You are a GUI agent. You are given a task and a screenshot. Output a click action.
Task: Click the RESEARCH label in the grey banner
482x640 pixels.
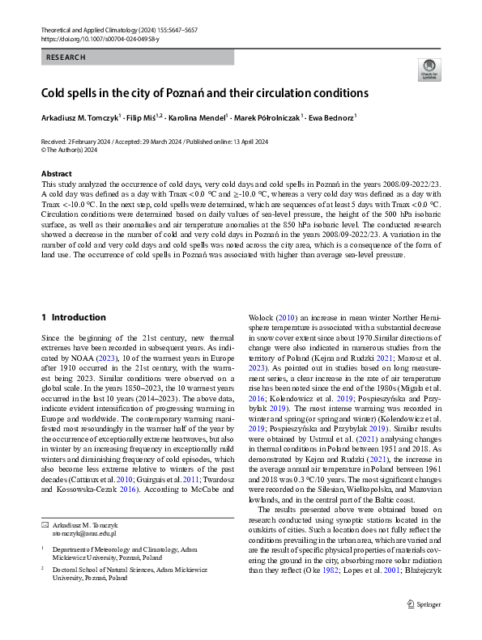(66, 57)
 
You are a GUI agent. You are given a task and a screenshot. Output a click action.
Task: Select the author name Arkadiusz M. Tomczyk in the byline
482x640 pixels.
(79, 117)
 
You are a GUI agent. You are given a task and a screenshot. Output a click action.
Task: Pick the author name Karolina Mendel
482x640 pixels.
(195, 117)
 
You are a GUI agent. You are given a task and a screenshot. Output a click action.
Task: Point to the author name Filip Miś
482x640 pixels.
(143, 117)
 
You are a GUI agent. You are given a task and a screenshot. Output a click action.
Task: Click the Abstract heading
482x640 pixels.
(58, 174)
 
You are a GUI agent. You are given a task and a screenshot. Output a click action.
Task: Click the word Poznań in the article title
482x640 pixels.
(178, 93)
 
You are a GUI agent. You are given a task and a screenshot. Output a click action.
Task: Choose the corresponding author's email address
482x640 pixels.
(84, 534)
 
